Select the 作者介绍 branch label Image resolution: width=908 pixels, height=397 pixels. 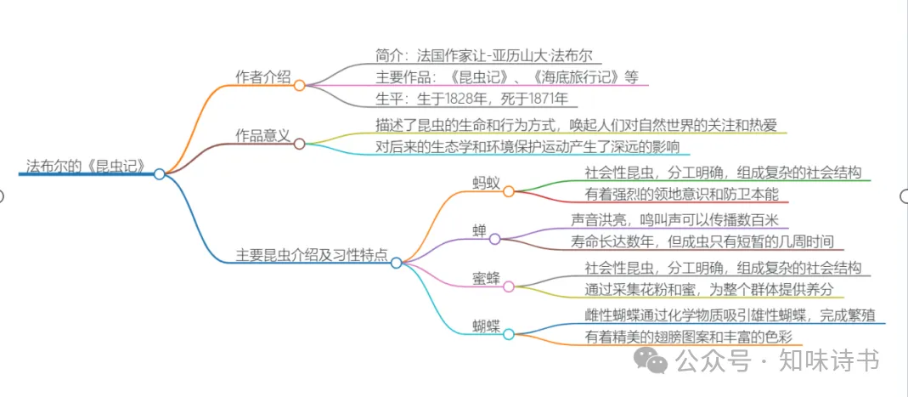262,77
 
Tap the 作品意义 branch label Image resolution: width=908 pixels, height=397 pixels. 262,135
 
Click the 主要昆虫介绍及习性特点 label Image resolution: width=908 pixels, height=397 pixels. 311,254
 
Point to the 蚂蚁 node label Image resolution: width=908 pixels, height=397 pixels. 487,183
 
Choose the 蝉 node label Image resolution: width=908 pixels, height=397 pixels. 479,230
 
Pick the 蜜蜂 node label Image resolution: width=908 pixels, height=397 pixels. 487,278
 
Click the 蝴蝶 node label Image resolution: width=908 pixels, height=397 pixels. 487,325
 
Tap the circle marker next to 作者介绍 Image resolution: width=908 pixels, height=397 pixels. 299,85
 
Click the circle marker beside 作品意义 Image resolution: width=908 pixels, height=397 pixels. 299,144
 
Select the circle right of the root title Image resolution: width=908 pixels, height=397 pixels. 160,173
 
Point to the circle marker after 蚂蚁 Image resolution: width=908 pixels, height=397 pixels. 508,191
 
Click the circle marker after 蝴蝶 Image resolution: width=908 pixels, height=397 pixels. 508,334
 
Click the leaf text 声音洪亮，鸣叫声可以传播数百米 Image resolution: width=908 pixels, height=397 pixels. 680,219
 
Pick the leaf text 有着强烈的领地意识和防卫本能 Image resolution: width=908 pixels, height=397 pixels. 687,195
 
